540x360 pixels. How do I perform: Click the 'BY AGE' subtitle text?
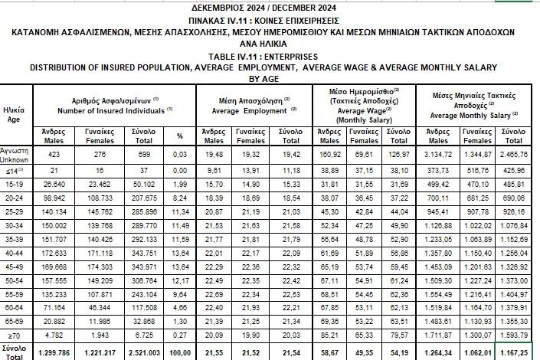tap(269, 77)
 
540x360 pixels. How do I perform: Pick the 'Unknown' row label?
tap(16, 159)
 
